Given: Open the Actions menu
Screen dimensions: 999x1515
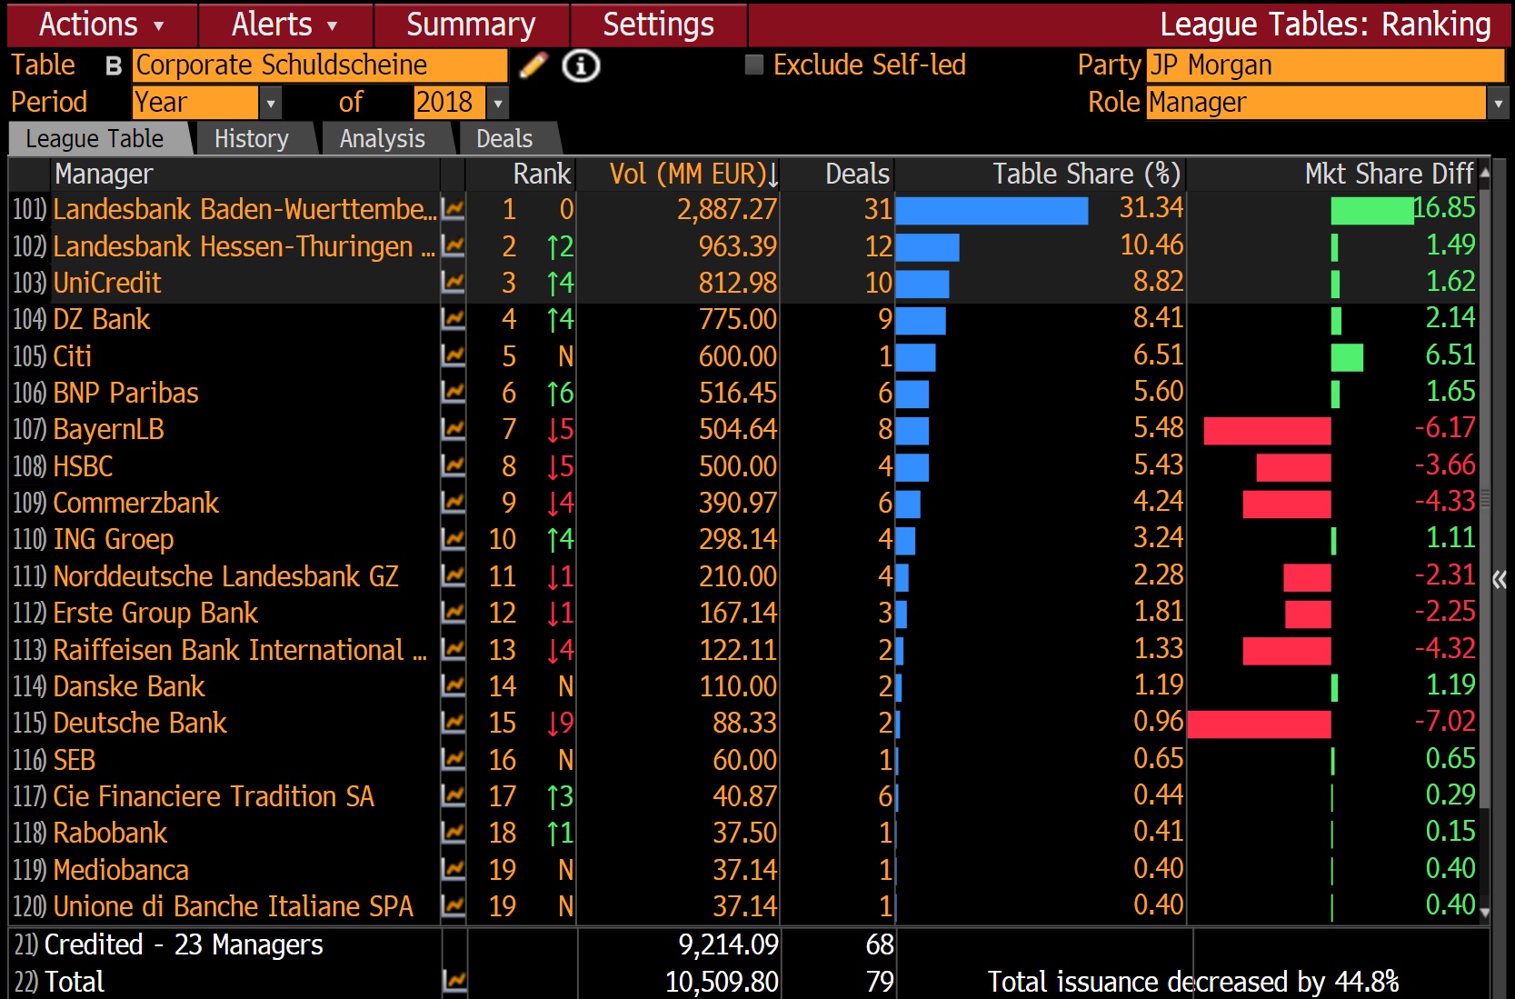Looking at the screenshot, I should pyautogui.click(x=101, y=25).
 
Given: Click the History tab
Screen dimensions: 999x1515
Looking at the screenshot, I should pyautogui.click(x=251, y=139).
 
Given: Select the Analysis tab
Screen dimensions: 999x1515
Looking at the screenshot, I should pyautogui.click(x=382, y=139).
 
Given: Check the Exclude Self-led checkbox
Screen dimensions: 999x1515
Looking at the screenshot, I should pyautogui.click(x=753, y=65).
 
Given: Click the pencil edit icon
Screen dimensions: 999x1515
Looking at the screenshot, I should pyautogui.click(x=533, y=65).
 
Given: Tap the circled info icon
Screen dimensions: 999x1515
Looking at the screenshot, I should pyautogui.click(x=581, y=65).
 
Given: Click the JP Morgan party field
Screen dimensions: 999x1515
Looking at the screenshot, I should pyautogui.click(x=1324, y=65).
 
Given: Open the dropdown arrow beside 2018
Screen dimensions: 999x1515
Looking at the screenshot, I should pyautogui.click(x=497, y=104).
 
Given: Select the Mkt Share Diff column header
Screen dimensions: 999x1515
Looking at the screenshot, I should pyautogui.click(x=1388, y=174).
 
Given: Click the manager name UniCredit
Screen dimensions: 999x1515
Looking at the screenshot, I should pyautogui.click(x=107, y=283).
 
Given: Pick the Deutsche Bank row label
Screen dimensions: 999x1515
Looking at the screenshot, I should pyautogui.click(x=140, y=723).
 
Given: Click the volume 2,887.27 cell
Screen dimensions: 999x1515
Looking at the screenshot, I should pyautogui.click(x=726, y=210).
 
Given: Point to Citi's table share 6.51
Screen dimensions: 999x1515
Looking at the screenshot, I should pyautogui.click(x=1158, y=355).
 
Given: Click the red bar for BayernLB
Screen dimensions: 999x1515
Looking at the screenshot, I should pyautogui.click(x=1267, y=431).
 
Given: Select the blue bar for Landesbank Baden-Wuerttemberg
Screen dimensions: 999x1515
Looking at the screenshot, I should pyautogui.click(x=991, y=211).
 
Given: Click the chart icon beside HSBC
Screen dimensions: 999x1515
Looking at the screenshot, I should pyautogui.click(x=453, y=466).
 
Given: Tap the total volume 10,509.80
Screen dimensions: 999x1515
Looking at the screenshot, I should pyautogui.click(x=722, y=982).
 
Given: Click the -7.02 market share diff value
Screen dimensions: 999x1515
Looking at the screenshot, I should pyautogui.click(x=1444, y=722).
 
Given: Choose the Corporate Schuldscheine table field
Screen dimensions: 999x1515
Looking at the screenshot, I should pyautogui.click(x=319, y=65).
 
